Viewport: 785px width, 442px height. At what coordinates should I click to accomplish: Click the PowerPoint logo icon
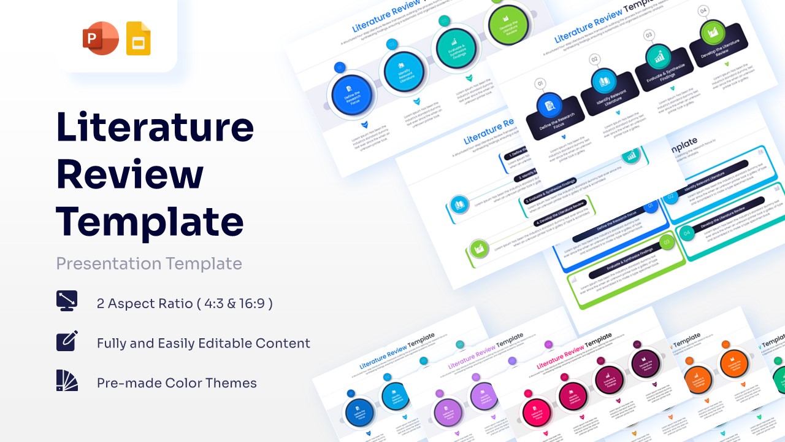click(101, 38)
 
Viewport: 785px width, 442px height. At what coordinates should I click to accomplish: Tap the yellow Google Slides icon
click(138, 38)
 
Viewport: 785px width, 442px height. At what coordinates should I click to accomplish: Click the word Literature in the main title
click(155, 126)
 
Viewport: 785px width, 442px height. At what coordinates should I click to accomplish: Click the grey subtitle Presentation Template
click(149, 263)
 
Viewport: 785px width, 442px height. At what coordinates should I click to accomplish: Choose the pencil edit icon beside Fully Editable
click(67, 341)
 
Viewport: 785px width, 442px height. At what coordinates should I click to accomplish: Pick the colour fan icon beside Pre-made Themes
click(67, 381)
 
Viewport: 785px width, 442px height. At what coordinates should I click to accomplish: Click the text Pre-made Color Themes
click(177, 383)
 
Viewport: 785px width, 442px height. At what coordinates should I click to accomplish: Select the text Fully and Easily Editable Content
click(203, 343)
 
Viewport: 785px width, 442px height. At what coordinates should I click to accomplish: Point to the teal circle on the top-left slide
click(454, 48)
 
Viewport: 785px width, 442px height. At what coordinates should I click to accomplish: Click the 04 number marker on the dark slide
click(703, 10)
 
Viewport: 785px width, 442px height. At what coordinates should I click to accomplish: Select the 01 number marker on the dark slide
click(540, 83)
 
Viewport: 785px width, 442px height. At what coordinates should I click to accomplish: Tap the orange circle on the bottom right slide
click(733, 364)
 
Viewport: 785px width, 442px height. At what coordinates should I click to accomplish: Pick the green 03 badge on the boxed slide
click(667, 242)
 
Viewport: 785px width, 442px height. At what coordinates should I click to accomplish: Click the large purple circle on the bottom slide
click(448, 411)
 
